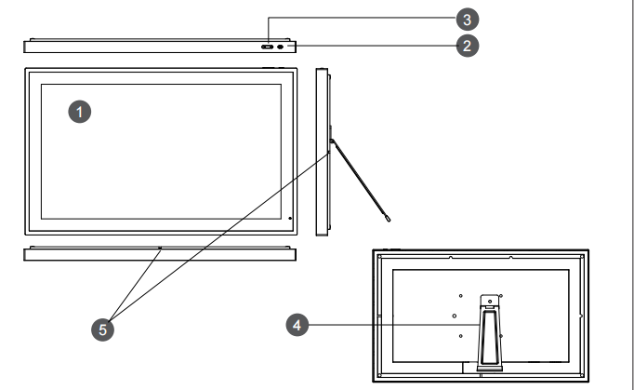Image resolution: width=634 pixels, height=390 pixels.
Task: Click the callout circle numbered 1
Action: [x=82, y=112]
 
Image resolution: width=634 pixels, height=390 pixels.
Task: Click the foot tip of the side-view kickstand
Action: [x=387, y=221]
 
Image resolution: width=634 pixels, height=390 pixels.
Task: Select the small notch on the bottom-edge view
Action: [x=160, y=249]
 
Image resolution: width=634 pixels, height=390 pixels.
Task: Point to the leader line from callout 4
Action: [x=390, y=325]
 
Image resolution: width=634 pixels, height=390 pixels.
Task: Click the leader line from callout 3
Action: [x=363, y=19]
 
